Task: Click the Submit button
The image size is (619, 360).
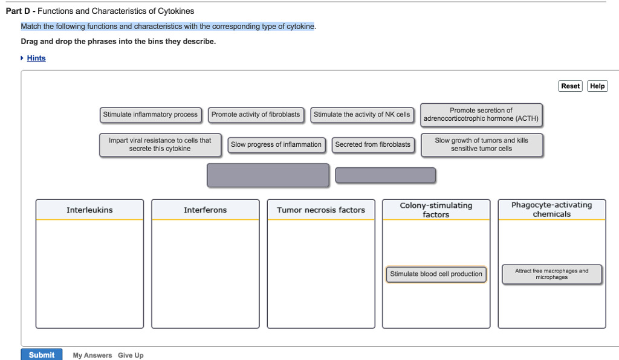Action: (41, 355)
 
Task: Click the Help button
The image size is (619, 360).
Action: (597, 86)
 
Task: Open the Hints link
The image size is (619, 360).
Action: (36, 58)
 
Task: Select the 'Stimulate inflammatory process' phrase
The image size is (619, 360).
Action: (151, 114)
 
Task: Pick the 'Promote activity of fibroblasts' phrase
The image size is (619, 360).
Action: (256, 114)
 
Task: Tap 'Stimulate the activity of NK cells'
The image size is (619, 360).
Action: (361, 114)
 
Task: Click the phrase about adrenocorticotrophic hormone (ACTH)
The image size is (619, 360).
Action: (481, 115)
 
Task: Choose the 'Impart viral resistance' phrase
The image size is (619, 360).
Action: (160, 144)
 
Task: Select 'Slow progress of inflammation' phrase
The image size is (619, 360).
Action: (276, 144)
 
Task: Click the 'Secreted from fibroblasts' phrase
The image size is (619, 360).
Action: (372, 144)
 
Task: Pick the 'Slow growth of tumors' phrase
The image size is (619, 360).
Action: (481, 144)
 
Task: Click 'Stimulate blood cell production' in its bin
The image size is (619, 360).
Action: (436, 274)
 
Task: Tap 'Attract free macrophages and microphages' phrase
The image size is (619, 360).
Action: (551, 274)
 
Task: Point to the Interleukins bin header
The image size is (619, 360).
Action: (89, 210)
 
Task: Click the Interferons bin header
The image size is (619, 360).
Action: (205, 210)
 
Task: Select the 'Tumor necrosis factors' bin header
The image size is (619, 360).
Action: (321, 210)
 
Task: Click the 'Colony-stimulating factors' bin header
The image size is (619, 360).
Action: (436, 210)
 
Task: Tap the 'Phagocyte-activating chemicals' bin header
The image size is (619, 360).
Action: (551, 210)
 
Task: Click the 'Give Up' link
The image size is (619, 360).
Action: (131, 355)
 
